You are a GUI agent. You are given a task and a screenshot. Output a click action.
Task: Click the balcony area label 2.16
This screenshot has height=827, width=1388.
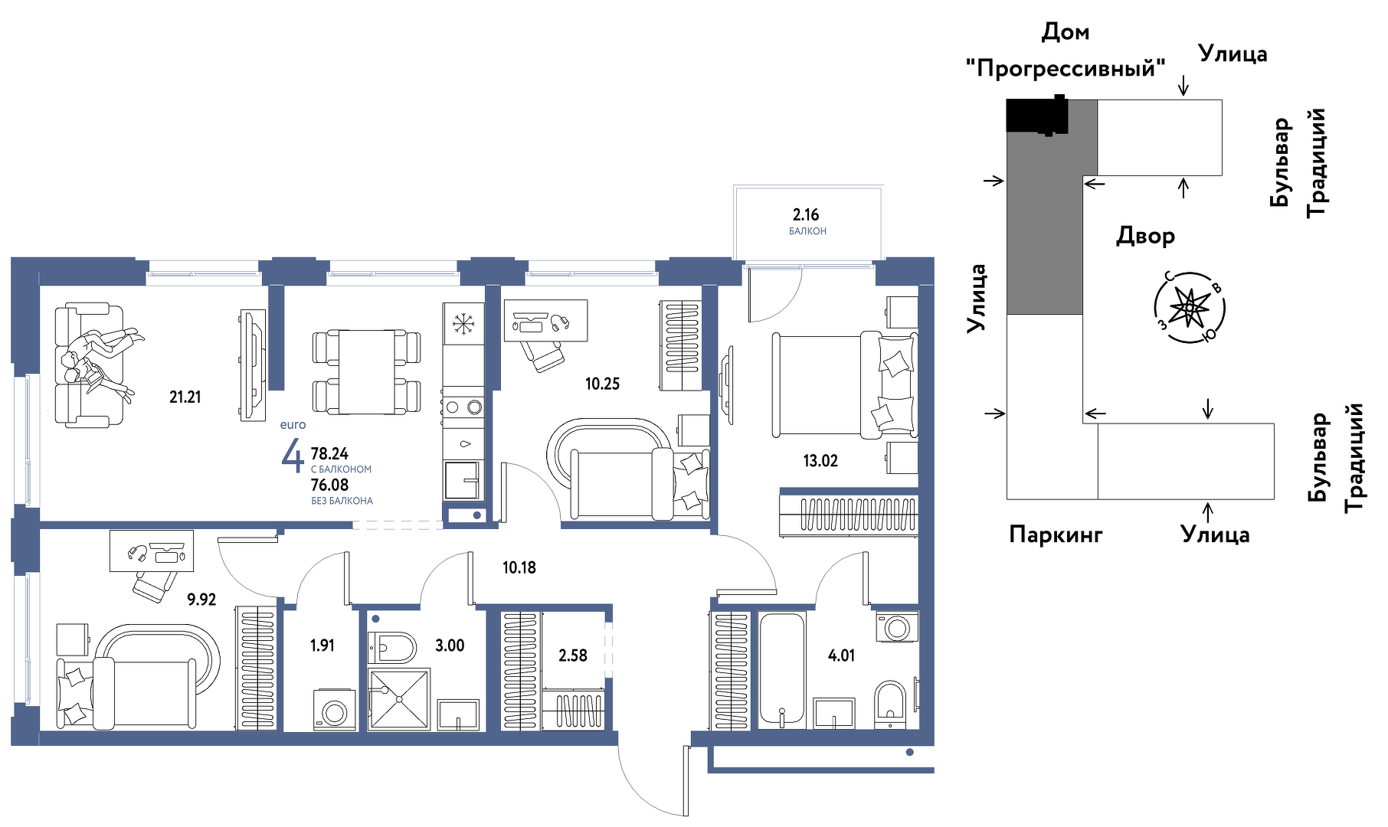(x=806, y=214)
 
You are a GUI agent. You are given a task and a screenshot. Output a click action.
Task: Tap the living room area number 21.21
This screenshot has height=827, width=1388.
(x=185, y=397)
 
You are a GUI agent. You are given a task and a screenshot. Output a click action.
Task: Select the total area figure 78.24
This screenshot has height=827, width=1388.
(x=329, y=453)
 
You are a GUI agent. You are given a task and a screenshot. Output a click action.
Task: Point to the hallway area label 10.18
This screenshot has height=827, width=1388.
(x=519, y=567)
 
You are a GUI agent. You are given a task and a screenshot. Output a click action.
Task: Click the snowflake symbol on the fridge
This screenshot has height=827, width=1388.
(x=463, y=323)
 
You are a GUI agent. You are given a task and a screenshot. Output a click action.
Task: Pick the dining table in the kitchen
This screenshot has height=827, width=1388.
(x=367, y=372)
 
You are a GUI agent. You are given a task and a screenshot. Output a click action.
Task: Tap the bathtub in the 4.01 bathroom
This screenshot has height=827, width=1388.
(x=782, y=669)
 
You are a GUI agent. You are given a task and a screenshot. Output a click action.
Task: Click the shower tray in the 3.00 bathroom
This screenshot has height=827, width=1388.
(x=398, y=699)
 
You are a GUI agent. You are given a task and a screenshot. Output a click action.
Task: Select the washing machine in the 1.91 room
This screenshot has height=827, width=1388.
(x=335, y=710)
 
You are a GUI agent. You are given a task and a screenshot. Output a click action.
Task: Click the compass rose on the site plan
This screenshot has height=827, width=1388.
(x=1190, y=308)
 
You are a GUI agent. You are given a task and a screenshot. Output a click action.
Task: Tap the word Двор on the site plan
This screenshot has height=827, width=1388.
(x=1145, y=236)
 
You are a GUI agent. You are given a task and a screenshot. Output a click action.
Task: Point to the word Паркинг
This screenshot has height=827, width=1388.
(x=1056, y=534)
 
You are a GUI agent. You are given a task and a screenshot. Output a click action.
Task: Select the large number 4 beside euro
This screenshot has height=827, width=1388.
(x=292, y=456)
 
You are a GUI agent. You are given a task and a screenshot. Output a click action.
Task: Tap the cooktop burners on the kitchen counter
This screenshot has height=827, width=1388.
(x=463, y=407)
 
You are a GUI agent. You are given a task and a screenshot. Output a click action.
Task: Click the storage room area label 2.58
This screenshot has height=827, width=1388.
(x=573, y=655)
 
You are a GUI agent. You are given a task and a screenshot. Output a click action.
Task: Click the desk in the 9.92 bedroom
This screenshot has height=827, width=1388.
(x=152, y=551)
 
